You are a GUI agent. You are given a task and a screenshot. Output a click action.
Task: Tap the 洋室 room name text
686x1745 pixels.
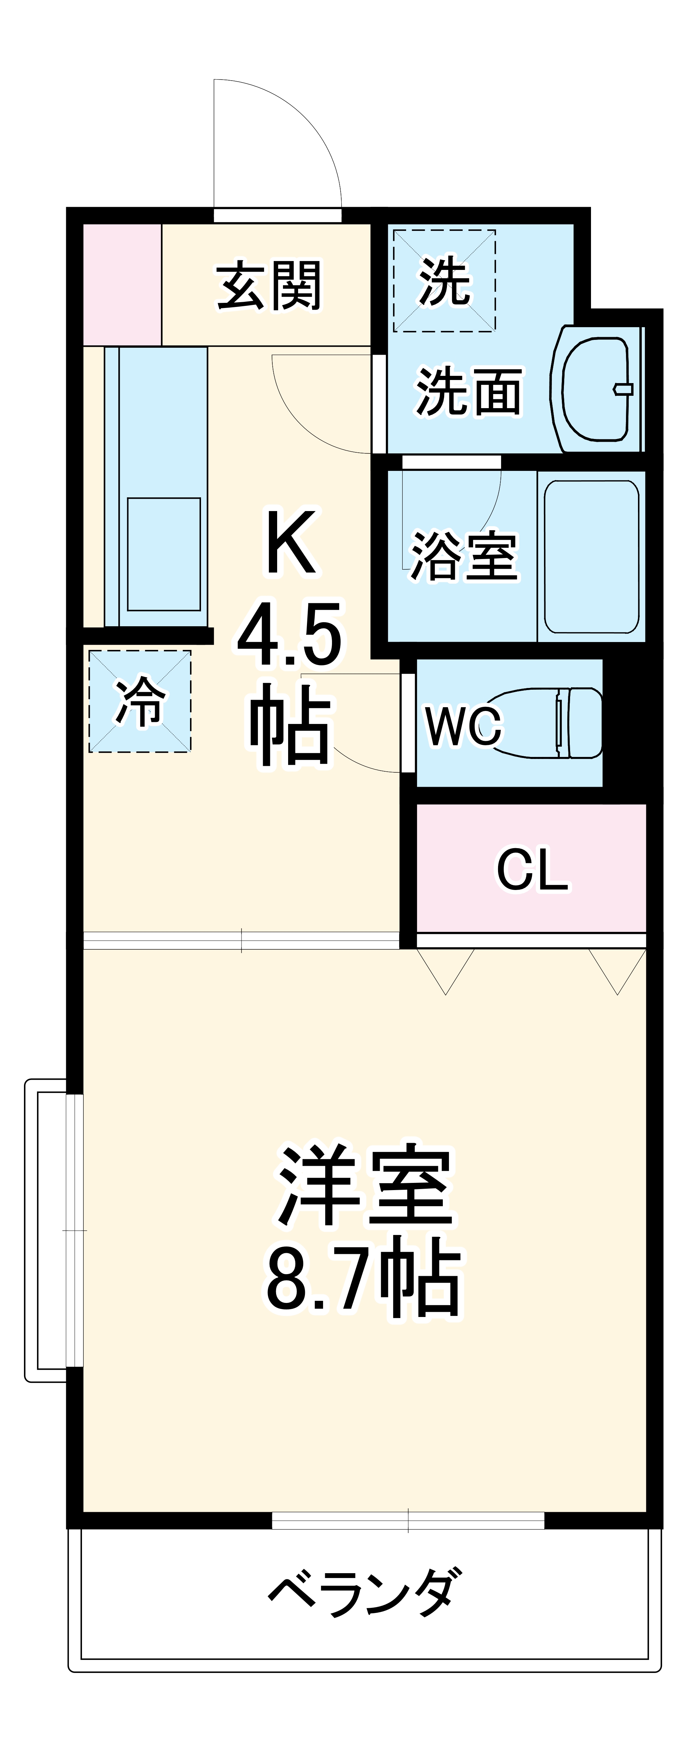pyautogui.click(x=364, y=1186)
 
